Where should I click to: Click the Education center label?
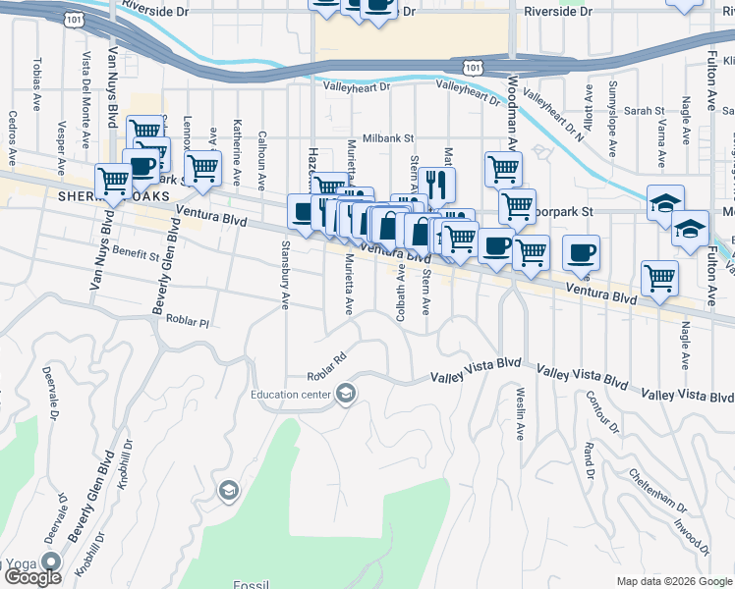pos(291,395)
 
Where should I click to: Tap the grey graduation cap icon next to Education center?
pos(345,395)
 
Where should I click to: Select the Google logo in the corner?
pos(32,577)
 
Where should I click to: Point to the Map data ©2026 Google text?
pos(673,581)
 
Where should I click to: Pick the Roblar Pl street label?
pos(189,321)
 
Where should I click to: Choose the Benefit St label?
pos(136,255)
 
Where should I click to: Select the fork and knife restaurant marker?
pos(437,184)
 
